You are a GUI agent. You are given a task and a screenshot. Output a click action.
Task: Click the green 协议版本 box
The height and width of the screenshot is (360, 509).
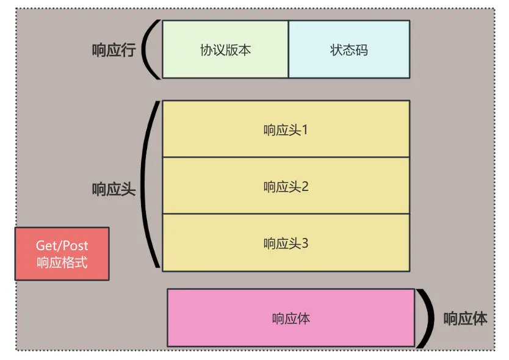[225, 49]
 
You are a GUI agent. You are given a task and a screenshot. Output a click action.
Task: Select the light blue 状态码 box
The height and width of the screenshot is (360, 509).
[348, 49]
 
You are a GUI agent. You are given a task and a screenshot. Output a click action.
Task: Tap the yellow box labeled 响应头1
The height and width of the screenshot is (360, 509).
[286, 129]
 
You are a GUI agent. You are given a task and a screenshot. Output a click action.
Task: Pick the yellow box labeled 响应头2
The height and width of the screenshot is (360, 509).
[286, 186]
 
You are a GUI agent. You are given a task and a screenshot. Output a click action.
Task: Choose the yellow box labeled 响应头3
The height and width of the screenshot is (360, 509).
[286, 243]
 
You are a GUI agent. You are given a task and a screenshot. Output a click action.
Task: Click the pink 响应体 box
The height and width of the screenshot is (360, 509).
[291, 319]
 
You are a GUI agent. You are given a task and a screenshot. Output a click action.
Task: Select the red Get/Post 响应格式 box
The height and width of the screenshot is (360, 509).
[62, 254]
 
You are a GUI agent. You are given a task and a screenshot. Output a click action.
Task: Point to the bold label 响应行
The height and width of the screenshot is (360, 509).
[113, 50]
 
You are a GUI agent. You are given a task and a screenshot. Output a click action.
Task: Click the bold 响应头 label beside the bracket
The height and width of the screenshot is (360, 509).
[113, 189]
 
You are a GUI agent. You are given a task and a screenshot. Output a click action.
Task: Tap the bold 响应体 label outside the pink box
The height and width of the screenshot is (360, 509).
[465, 319]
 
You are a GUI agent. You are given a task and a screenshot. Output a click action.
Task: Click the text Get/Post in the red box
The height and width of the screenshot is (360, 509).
[62, 246]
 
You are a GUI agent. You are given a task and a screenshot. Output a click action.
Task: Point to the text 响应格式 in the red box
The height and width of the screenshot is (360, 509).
[62, 264]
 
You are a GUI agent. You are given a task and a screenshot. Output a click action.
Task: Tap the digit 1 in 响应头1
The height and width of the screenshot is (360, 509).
[305, 130]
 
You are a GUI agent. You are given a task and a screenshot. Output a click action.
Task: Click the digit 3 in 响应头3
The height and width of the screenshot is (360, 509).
[305, 243]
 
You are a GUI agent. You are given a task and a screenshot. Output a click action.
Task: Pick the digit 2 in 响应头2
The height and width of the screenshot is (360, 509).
[305, 187]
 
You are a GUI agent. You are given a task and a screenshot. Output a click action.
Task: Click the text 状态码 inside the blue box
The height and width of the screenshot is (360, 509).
[348, 50]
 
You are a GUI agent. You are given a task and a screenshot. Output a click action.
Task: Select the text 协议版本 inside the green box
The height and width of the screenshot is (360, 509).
[225, 50]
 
